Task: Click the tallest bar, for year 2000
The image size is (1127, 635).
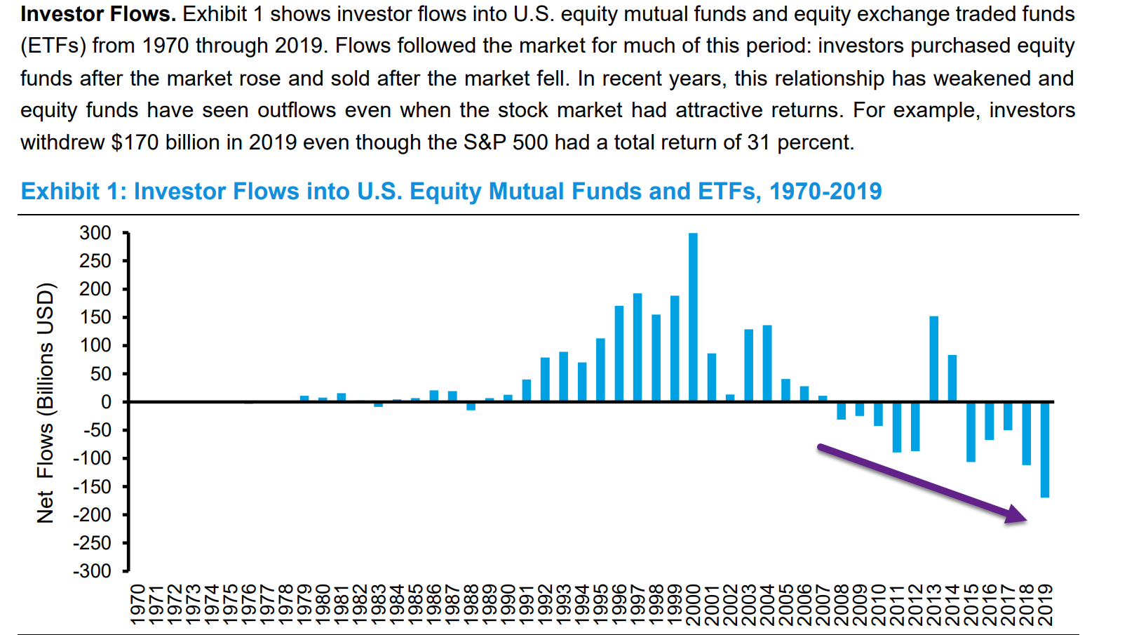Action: [693, 317]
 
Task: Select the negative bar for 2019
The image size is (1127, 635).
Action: [1045, 450]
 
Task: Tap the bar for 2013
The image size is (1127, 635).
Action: [934, 359]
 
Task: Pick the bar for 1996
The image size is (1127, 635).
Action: [619, 354]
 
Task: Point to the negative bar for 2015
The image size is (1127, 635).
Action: [971, 432]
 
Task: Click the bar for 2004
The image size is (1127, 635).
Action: [767, 363]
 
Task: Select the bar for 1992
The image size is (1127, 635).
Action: [545, 380]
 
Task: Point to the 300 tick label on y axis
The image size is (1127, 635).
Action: [95, 233]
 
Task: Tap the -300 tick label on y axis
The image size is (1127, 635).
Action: [92, 572]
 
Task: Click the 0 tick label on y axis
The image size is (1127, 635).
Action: [106, 402]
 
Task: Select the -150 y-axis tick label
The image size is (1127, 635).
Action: [92, 487]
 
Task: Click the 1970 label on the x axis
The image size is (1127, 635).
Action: [137, 604]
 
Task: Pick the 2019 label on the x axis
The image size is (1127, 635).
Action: [1045, 604]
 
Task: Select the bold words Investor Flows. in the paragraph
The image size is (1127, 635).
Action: [98, 14]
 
